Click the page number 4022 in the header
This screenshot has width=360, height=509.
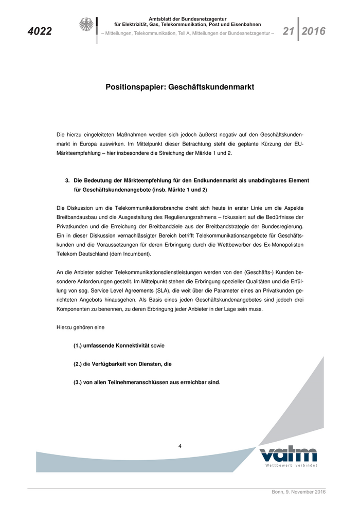coord(40,31)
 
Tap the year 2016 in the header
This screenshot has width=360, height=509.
coord(314,31)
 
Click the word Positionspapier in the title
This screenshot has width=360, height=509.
coord(135,87)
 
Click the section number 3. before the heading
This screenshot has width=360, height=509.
coord(67,180)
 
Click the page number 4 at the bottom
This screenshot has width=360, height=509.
coord(180,446)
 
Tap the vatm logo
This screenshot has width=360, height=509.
coord(288,455)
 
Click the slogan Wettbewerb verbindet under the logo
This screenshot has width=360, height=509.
coord(291,465)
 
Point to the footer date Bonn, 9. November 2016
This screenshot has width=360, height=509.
coord(298,492)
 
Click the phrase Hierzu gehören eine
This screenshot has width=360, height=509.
coord(77,327)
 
